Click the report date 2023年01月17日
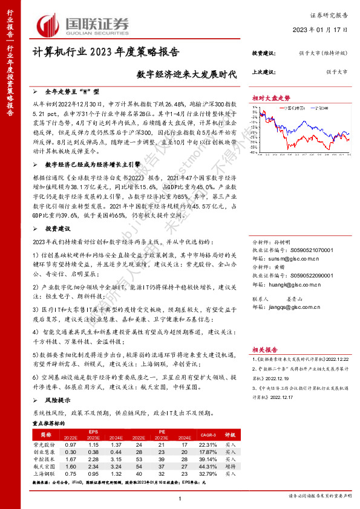[323, 29]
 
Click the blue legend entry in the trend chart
[316, 106]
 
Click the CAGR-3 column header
[207, 434]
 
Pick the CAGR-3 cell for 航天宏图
[207, 466]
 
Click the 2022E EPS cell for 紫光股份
[71, 444]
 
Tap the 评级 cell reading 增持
[230, 466]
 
